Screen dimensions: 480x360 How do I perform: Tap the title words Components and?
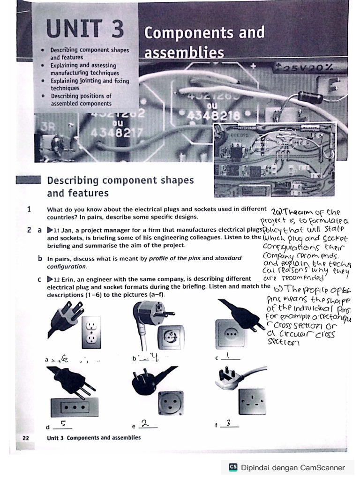204,33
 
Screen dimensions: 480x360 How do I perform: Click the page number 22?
26,438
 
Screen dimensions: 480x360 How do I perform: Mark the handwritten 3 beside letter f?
228,423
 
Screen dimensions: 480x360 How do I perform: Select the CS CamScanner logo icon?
233,467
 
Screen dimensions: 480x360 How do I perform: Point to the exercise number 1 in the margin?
29,210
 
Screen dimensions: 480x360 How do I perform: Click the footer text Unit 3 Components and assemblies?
94,438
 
